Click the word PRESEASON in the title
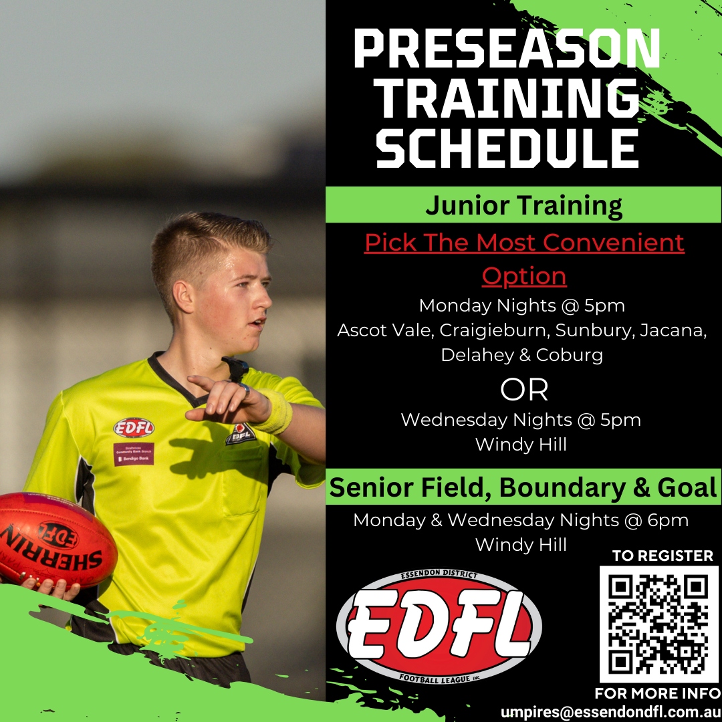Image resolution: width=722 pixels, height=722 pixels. pyautogui.click(x=507, y=48)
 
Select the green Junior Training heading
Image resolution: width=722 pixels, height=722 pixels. pyautogui.click(x=523, y=205)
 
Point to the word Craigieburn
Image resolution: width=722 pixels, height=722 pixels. pyautogui.click(x=495, y=330)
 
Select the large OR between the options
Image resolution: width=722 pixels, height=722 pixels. pyautogui.click(x=524, y=390)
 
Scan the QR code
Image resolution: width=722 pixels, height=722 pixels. pyautogui.click(x=658, y=624)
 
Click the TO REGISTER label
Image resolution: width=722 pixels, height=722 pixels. pyautogui.click(x=663, y=556)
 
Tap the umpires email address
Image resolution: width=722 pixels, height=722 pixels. pyautogui.click(x=610, y=712)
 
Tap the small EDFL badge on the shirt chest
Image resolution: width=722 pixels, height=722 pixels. pyautogui.click(x=134, y=428)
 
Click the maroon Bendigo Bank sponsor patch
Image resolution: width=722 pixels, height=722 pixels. pyautogui.click(x=134, y=454)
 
